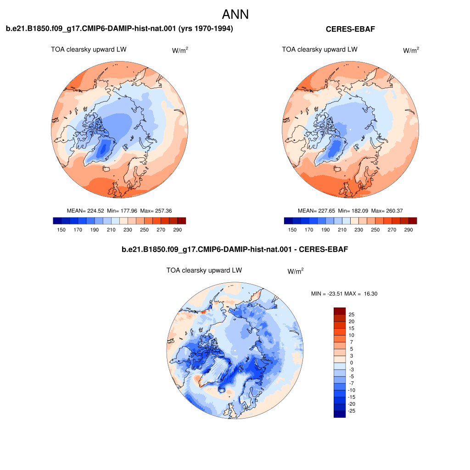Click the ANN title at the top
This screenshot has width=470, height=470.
tap(235, 14)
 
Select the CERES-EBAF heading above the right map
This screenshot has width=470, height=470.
tap(350, 29)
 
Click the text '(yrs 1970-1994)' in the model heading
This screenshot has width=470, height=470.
tap(206, 28)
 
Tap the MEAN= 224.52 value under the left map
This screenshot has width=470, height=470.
tap(85, 211)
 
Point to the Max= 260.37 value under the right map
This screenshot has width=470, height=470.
tap(387, 211)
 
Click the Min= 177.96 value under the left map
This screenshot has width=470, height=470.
tap(122, 211)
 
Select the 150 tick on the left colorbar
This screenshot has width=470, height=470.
tap(61, 230)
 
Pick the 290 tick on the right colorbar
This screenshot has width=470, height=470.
tap(408, 230)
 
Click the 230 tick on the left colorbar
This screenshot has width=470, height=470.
tap(128, 230)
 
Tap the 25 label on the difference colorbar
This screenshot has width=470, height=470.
tap(352, 314)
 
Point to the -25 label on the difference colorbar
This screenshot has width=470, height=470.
tap(351, 411)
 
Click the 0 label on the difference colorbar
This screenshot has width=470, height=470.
tap(352, 363)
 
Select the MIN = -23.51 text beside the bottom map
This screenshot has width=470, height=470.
tap(327, 294)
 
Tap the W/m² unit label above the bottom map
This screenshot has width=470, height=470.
tap(296, 271)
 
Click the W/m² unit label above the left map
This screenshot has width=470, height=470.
tap(180, 50)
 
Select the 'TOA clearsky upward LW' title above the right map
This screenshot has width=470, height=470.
tap(319, 50)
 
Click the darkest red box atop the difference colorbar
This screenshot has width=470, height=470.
tap(340, 311)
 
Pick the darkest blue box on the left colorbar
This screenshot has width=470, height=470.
tap(57, 221)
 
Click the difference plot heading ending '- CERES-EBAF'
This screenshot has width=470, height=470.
tap(235, 249)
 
